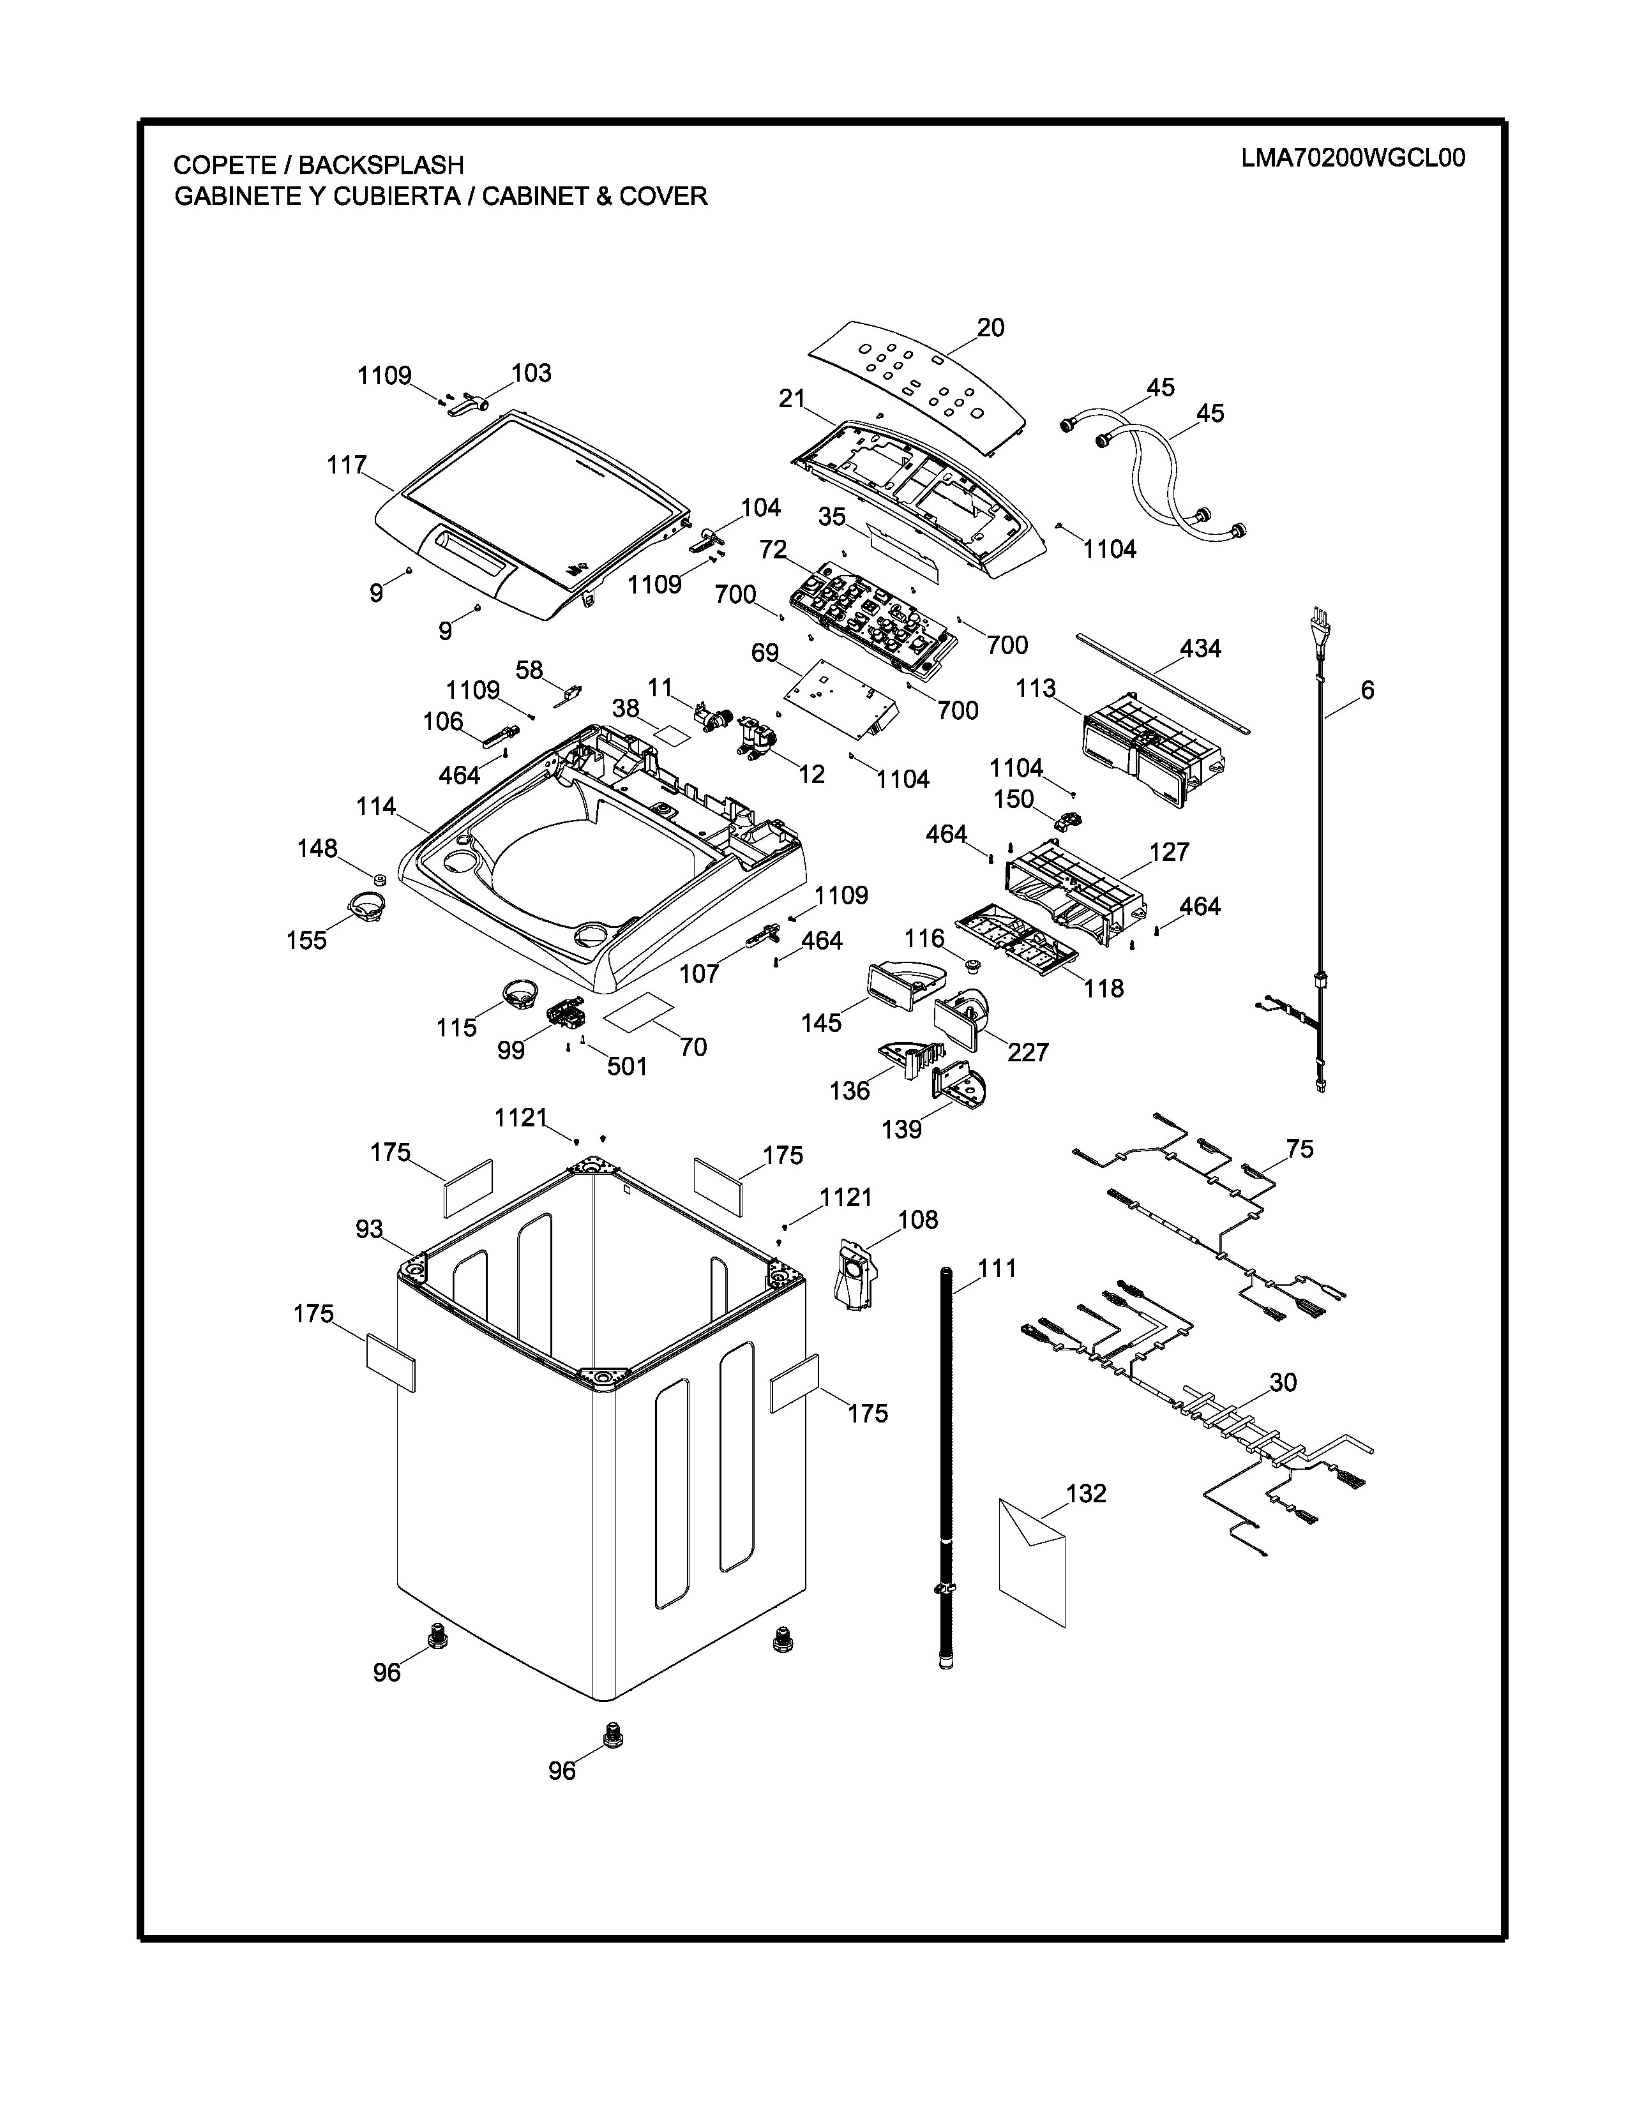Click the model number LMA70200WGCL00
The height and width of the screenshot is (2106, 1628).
1352,158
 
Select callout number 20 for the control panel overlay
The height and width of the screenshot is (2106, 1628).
990,328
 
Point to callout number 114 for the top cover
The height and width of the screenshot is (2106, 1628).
376,806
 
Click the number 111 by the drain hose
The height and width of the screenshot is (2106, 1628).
997,1268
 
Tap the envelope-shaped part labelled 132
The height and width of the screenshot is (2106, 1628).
1032,1561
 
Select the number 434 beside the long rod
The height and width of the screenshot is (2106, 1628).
1200,649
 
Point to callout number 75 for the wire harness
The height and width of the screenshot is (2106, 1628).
1299,1149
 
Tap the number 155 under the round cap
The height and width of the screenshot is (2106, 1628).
306,940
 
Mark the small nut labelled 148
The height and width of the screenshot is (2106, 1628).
380,879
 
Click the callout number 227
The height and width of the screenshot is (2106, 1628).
1027,1052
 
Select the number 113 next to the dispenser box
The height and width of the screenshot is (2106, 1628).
1036,689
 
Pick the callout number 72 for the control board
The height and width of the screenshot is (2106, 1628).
773,549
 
